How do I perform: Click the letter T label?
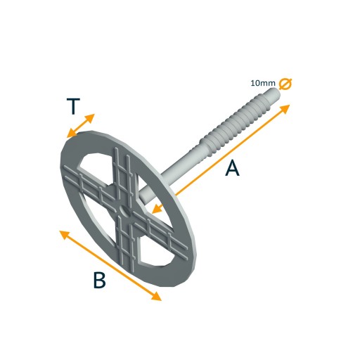point(73,106)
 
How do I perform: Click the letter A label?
point(232,168)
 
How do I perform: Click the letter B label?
point(99,280)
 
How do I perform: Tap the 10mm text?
point(263,83)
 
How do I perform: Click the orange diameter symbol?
point(285,84)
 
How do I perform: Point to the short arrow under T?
point(81,126)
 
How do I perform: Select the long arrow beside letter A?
point(221,159)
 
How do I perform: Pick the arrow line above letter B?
point(110,265)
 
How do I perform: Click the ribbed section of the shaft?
point(234,121)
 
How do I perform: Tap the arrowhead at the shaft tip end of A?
point(285,109)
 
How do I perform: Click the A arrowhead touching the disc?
point(157,210)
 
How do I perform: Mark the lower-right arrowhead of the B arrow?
point(156,296)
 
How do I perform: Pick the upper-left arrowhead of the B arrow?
point(65,235)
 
